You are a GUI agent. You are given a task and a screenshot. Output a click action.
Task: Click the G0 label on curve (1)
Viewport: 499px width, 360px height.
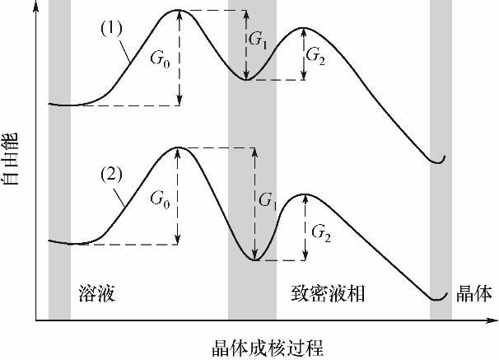click(160, 58)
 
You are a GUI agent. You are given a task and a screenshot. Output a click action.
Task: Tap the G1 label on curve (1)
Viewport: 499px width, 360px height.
click(258, 40)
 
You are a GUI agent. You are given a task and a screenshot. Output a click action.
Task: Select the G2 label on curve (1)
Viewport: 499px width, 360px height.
click(315, 56)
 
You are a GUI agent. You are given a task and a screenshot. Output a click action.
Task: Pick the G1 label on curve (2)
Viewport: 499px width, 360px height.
click(268, 201)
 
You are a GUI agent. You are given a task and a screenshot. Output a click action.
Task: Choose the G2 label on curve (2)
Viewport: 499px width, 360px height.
click(321, 232)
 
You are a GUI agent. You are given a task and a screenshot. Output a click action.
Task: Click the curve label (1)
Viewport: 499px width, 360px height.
click(111, 29)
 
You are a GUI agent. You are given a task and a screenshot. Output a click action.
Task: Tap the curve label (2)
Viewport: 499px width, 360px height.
click(111, 175)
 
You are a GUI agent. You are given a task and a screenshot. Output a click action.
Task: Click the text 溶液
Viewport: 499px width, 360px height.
click(96, 293)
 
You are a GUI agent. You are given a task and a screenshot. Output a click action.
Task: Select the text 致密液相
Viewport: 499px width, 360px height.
click(328, 293)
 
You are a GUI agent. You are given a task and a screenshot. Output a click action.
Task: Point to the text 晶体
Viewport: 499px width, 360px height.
click(473, 293)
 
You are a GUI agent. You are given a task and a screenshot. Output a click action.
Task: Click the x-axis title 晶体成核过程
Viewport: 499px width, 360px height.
click(268, 348)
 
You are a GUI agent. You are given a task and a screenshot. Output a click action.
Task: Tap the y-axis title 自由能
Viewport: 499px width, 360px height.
click(10, 159)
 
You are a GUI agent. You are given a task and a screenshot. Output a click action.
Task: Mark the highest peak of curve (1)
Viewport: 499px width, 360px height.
click(178, 10)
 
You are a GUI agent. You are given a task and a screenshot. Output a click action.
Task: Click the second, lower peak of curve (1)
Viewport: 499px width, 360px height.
click(303, 28)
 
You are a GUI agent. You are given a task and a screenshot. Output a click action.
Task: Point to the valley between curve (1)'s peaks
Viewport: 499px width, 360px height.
click(246, 79)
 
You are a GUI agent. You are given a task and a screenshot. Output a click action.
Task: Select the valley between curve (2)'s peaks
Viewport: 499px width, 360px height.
click(254, 259)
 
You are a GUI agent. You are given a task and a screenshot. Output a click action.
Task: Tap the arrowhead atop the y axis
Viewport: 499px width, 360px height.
click(36, 7)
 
